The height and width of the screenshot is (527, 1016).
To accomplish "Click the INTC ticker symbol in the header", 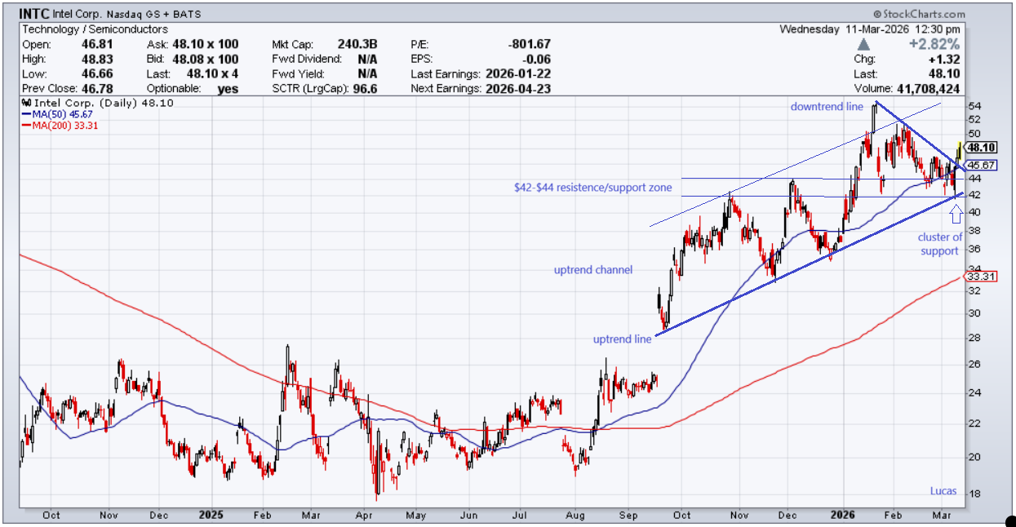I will click(34, 15).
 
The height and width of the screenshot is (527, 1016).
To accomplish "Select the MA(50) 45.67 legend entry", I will click(62, 114).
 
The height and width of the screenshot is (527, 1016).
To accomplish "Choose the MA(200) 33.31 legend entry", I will click(64, 126).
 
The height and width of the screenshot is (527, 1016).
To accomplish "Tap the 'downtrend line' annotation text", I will click(827, 107).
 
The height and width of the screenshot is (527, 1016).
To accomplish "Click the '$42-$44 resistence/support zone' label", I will click(593, 188).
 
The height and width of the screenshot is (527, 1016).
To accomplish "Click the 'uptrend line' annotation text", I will click(623, 339).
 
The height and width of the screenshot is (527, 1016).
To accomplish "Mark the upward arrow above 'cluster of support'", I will click(956, 214).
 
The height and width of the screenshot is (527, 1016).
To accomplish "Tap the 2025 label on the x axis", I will click(211, 515).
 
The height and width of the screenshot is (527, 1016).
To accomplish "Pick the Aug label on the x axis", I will click(575, 515).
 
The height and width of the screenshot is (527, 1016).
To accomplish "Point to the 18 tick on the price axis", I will click(972, 494).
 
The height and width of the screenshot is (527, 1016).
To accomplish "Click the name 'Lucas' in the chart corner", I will click(944, 491).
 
